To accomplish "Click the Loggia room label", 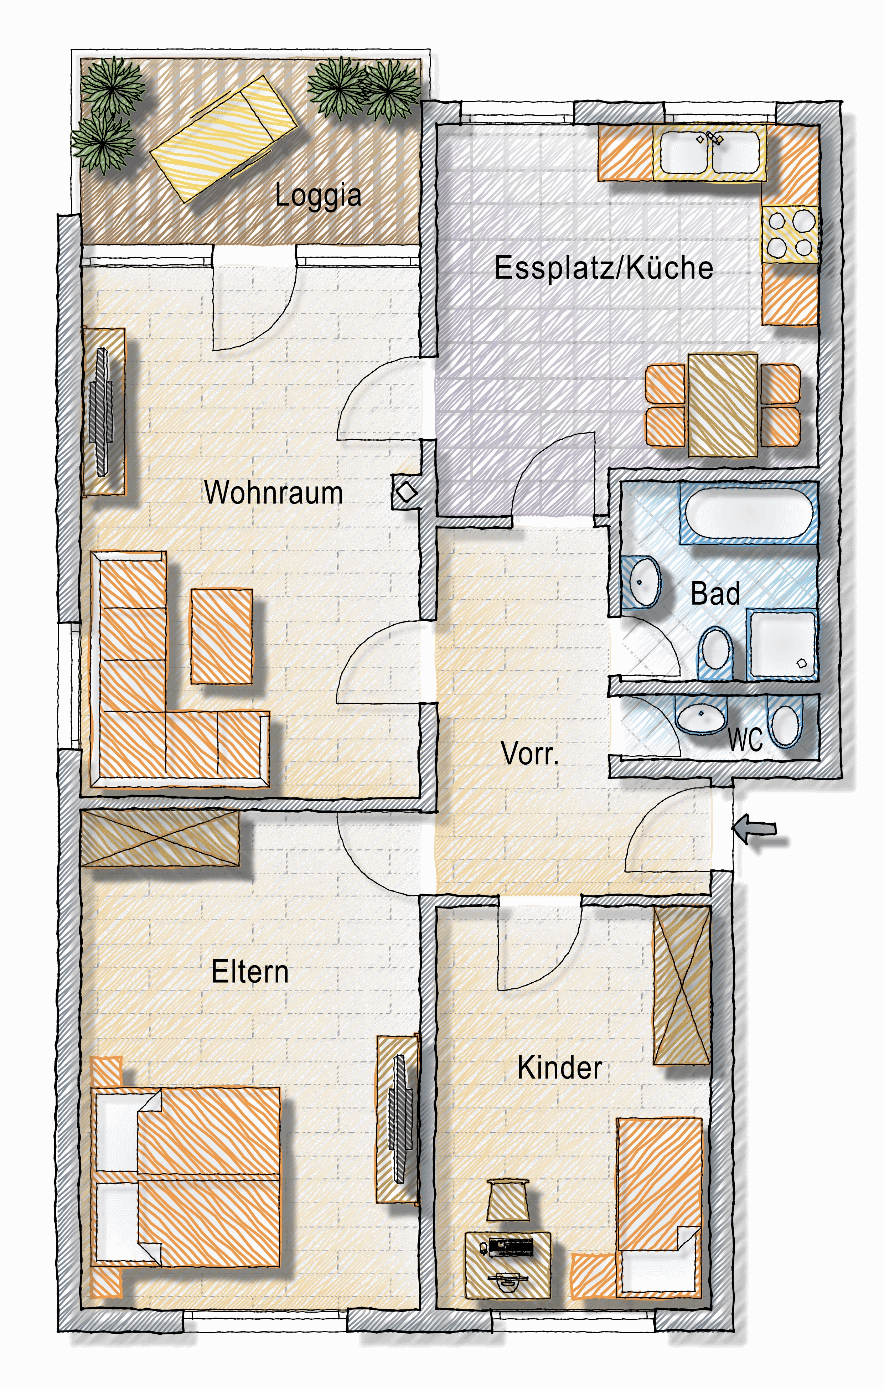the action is pyautogui.click(x=318, y=195).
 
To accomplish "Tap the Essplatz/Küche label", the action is pyautogui.click(x=604, y=268).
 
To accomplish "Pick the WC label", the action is pyautogui.click(x=745, y=739).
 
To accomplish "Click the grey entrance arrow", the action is pyautogui.click(x=755, y=829).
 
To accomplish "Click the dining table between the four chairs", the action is pyautogui.click(x=723, y=405).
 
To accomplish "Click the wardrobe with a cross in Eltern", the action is pyautogui.click(x=160, y=838).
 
